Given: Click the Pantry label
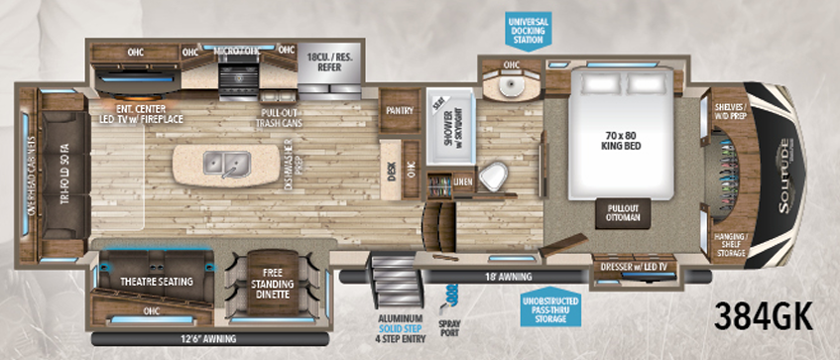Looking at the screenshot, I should (400, 112).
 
